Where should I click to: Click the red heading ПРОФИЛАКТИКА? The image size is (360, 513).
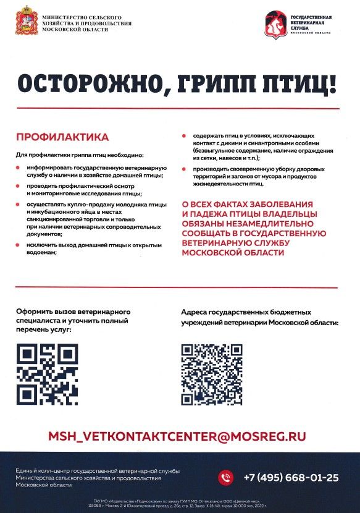pos(62,137)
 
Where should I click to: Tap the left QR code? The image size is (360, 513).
pos(47,374)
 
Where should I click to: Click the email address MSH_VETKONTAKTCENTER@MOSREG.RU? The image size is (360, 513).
pos(177,436)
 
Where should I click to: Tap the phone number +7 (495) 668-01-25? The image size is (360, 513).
pos(291,477)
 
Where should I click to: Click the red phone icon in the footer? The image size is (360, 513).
pos(227,477)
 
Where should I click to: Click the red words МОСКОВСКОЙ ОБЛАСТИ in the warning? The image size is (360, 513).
pos(227,254)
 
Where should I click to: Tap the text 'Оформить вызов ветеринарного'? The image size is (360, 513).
pos(73,312)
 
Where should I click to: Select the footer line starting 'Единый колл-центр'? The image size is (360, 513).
pos(98,472)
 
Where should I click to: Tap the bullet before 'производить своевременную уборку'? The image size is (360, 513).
pos(184,169)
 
